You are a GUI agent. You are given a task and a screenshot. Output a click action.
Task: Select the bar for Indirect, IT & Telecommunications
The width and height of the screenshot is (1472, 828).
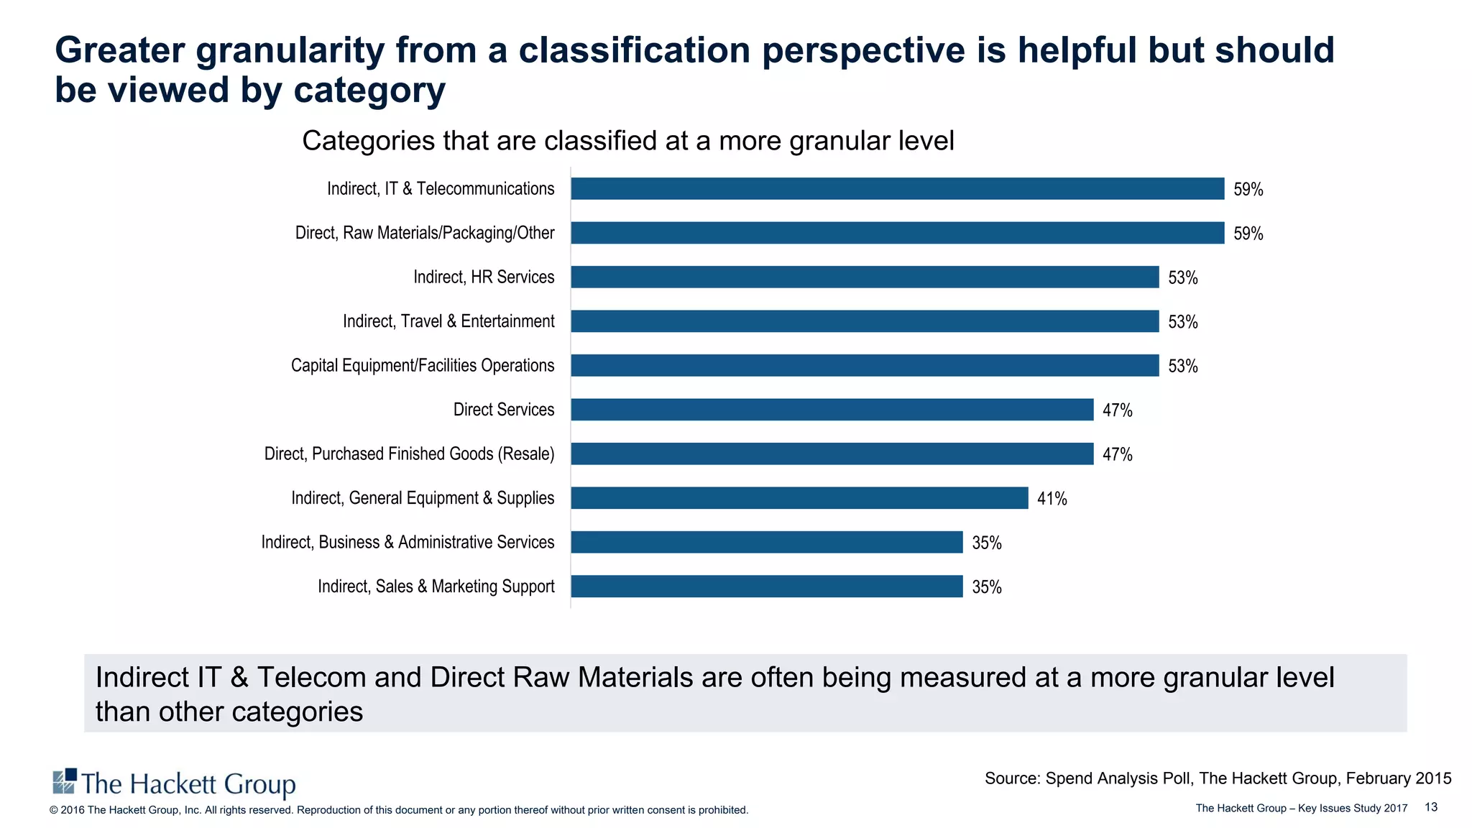897,189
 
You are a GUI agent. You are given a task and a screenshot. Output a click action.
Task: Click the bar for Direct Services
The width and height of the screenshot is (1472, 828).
832,410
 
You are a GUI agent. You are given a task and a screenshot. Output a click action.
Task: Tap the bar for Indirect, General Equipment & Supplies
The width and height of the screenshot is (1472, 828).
799,498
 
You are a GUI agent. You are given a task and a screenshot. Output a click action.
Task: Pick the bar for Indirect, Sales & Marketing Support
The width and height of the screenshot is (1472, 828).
766,586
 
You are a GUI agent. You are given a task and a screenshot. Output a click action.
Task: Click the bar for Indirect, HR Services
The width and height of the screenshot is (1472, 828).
865,277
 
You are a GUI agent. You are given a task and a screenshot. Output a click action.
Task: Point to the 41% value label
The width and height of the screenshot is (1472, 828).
1052,499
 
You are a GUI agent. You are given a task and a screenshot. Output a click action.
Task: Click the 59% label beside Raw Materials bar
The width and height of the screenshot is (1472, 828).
1248,234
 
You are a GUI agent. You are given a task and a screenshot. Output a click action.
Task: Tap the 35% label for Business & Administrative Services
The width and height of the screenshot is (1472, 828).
986,543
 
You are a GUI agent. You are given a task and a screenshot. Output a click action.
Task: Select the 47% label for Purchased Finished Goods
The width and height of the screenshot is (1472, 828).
1117,454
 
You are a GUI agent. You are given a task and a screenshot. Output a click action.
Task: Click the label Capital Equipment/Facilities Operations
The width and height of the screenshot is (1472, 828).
423,366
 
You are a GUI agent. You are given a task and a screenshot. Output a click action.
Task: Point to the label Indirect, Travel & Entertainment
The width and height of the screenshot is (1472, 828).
448,321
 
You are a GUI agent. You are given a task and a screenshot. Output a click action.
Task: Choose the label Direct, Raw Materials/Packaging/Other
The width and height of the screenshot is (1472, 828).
425,233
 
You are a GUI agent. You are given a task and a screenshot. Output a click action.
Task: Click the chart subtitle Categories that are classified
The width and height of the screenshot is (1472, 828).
627,141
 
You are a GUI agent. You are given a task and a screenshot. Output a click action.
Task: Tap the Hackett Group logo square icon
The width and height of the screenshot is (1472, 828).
65,781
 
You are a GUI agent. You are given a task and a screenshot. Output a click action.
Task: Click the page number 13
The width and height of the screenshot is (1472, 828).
1430,807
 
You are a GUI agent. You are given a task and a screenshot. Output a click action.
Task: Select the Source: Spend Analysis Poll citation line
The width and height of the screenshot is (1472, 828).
1218,778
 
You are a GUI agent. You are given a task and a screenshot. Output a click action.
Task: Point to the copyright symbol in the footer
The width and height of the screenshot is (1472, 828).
53,810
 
